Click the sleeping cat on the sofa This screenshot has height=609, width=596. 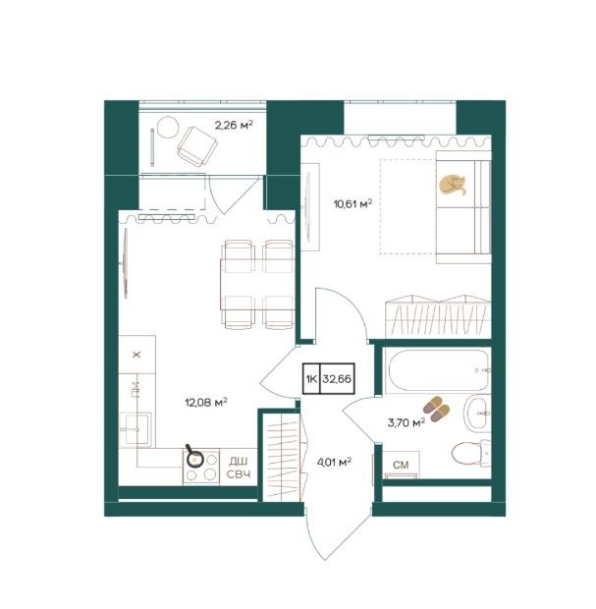(453, 185)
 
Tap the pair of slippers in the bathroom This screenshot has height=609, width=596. (436, 409)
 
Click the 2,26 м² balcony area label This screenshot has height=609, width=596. (234, 125)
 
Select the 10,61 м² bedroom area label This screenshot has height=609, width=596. (352, 203)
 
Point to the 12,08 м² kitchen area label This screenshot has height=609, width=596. (206, 403)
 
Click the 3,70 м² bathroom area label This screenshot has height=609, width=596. (406, 422)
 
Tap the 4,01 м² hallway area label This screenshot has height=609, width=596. (334, 463)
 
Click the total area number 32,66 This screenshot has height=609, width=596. (337, 379)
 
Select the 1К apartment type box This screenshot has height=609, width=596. (311, 379)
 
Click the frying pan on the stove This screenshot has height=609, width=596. (194, 458)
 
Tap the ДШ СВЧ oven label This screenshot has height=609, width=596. (239, 468)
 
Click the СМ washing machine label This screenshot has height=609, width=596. (401, 465)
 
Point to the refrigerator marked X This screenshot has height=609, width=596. (137, 355)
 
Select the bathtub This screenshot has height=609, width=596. (438, 370)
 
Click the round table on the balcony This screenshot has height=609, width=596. (168, 127)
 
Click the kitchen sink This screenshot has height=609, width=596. (135, 428)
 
